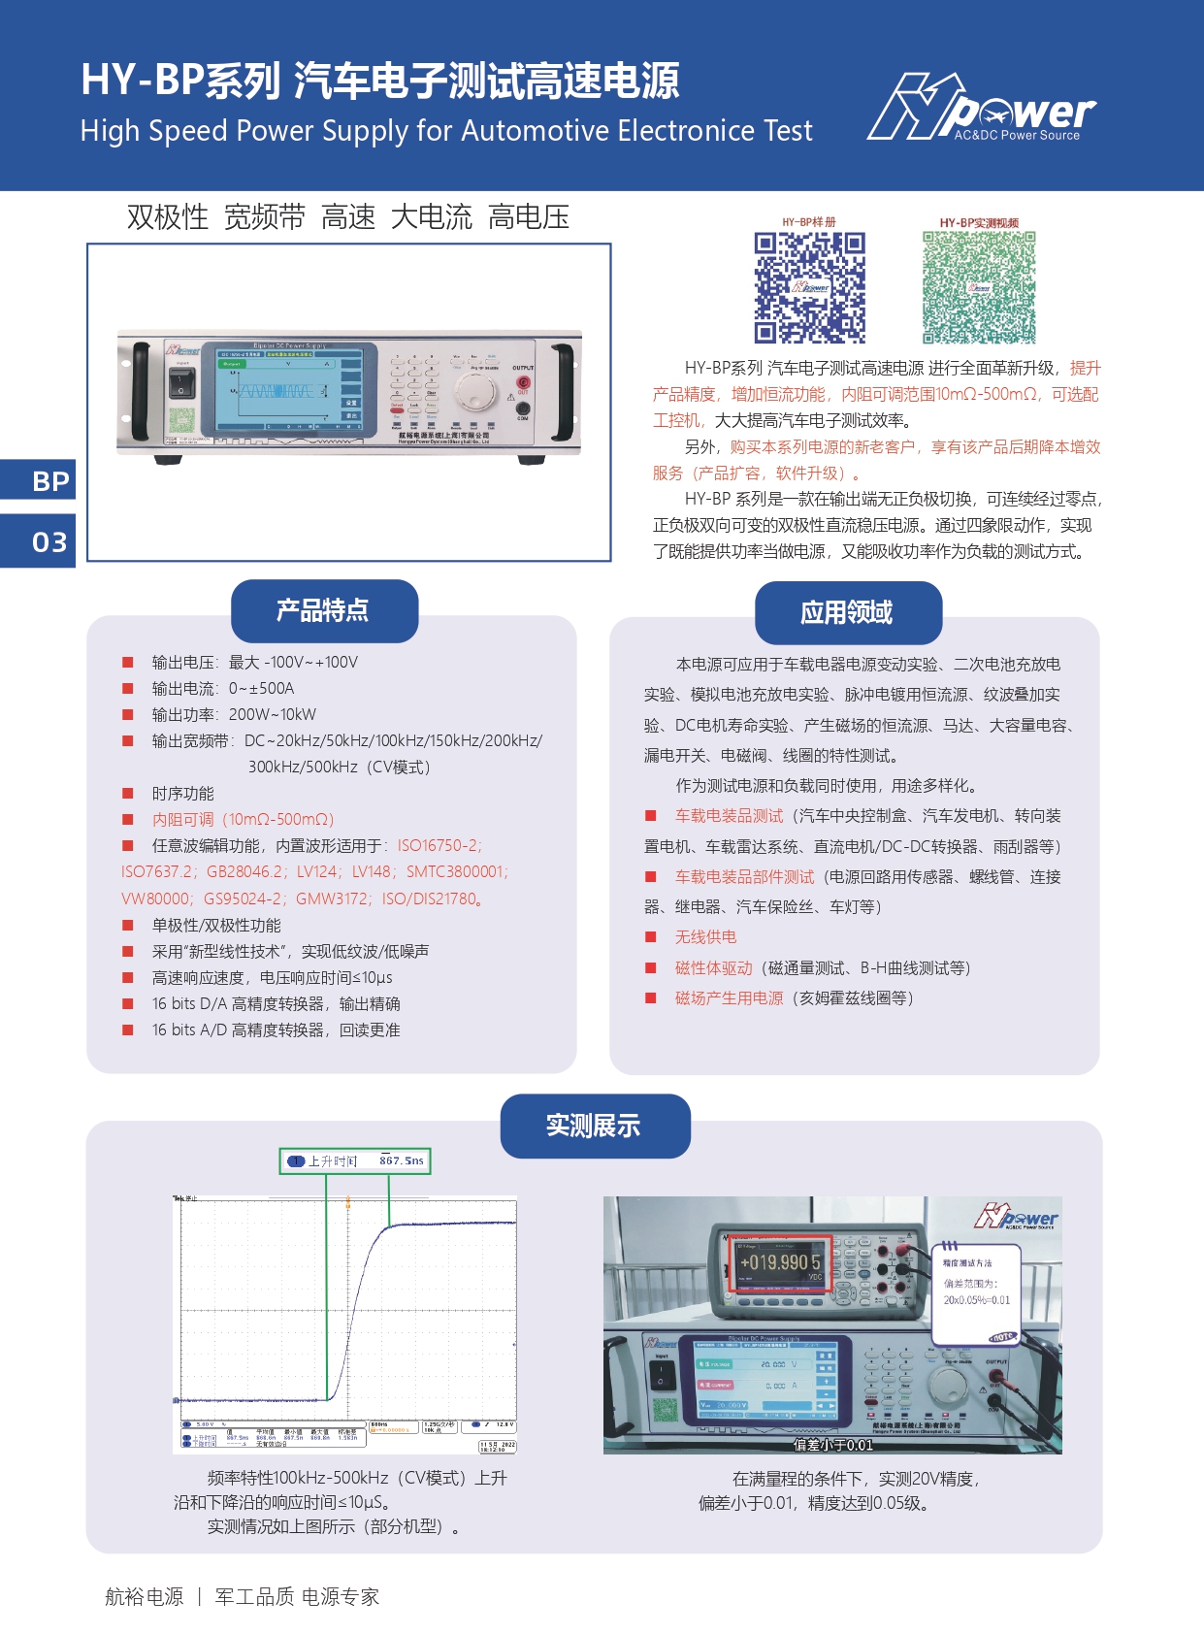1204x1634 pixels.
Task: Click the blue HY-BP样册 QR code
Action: tap(809, 287)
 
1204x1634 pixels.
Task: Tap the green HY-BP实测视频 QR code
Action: tap(978, 287)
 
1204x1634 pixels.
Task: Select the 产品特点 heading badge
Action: tap(324, 611)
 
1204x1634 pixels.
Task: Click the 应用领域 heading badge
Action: tap(848, 613)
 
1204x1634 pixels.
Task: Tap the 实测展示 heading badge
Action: tap(595, 1127)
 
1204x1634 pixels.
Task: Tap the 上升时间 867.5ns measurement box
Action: tap(355, 1160)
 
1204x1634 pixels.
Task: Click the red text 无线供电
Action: tap(705, 937)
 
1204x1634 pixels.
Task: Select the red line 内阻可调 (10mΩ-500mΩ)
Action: tap(243, 820)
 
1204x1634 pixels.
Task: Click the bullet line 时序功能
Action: tap(182, 794)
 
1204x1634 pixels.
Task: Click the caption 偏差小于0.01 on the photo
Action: tap(832, 1445)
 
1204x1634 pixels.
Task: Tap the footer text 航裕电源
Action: tap(144, 1597)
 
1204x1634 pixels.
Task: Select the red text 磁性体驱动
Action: tap(713, 968)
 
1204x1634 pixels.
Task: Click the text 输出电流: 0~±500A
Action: tap(222, 689)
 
